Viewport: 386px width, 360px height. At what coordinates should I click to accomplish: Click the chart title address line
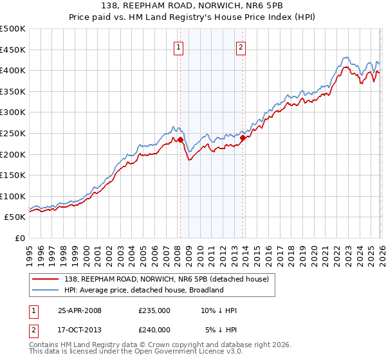pyautogui.click(x=193, y=6)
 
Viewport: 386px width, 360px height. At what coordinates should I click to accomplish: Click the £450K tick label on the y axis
pyautogui.click(x=13, y=50)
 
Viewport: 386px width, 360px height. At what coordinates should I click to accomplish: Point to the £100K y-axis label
pyautogui.click(x=13, y=196)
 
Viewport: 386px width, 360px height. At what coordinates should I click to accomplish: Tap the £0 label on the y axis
pyautogui.click(x=21, y=238)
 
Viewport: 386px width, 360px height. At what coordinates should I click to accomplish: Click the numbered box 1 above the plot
pyautogui.click(x=178, y=46)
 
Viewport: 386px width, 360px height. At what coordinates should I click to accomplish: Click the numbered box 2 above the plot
pyautogui.click(x=241, y=46)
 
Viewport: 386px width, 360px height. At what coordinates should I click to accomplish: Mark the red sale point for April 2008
pyautogui.click(x=180, y=139)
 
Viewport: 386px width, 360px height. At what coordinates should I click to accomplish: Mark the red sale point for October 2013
pyautogui.click(x=243, y=138)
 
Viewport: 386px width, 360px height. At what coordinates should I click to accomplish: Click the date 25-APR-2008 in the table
pyautogui.click(x=80, y=310)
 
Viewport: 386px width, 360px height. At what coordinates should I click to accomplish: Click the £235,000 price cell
pyautogui.click(x=154, y=310)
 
